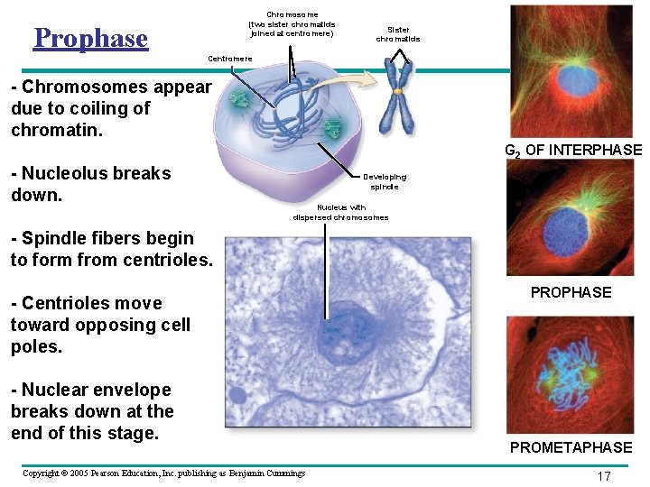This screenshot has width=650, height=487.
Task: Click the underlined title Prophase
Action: (x=90, y=38)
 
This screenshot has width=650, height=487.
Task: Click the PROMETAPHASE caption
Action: (x=571, y=447)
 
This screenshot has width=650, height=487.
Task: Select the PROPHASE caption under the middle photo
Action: (x=571, y=292)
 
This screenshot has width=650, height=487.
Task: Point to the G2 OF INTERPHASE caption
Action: (x=572, y=151)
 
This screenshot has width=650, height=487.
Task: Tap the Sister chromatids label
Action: (x=397, y=34)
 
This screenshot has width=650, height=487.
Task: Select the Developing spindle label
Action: (x=385, y=181)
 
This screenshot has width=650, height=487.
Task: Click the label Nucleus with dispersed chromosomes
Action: (x=340, y=212)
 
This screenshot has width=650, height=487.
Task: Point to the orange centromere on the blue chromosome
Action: (x=397, y=91)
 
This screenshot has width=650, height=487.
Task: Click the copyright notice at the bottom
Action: (x=163, y=473)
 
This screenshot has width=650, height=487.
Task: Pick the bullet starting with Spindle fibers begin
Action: (x=111, y=249)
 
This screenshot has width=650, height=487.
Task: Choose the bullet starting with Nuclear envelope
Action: (x=92, y=411)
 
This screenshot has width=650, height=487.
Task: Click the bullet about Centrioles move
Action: (x=100, y=325)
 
